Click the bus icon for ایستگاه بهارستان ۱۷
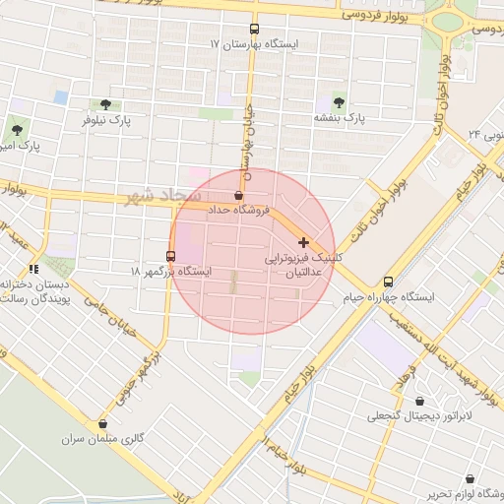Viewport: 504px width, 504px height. point(254,30)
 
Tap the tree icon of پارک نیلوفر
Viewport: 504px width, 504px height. point(105,103)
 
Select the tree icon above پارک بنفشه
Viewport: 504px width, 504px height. point(339,101)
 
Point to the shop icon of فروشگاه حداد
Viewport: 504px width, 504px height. point(239,195)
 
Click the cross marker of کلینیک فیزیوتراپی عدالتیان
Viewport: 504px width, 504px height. point(303,242)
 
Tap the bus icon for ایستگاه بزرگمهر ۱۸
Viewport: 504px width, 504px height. point(171,256)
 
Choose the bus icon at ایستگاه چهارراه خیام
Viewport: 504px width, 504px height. point(388,282)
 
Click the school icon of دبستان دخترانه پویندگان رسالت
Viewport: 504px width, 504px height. point(34,268)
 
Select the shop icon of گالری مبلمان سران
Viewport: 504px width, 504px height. point(102,423)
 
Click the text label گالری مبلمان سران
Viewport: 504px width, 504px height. point(103,439)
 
